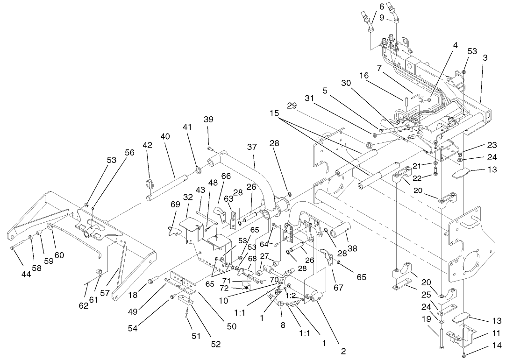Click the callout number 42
tap(148, 145)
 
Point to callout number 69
tap(175, 205)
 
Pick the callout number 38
tap(352, 249)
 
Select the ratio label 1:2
tap(290, 296)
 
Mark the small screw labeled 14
tap(463, 351)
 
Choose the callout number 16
tap(364, 75)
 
